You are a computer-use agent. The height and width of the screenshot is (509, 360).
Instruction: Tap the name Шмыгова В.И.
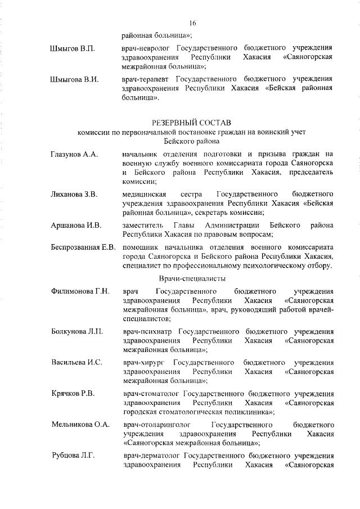[74, 79]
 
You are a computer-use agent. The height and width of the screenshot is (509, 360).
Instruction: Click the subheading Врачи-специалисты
[192, 278]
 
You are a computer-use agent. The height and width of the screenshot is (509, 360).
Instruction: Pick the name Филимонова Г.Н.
[79, 291]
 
